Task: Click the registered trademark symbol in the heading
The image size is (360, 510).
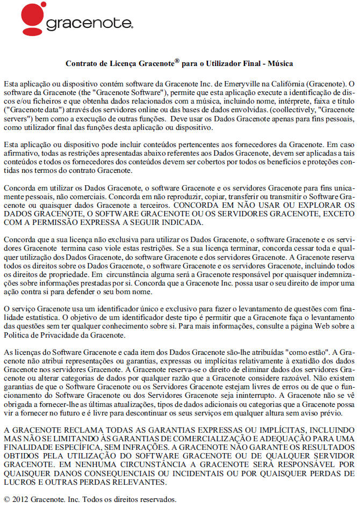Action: pyautogui.click(x=177, y=61)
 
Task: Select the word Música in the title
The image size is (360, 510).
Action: pyautogui.click(x=280, y=63)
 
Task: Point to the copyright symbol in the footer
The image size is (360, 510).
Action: pyautogui.click(x=7, y=499)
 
